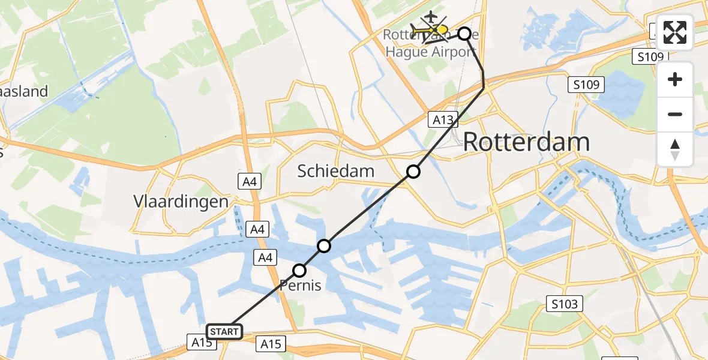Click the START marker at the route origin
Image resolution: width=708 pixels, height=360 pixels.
tap(224, 331)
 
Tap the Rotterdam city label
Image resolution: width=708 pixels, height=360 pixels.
tap(526, 143)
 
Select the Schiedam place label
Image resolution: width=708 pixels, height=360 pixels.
tap(336, 172)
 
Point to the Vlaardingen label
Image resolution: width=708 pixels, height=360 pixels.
tap(182, 201)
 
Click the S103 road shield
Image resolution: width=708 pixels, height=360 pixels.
tap(565, 304)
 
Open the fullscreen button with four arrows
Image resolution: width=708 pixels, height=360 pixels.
tap(675, 32)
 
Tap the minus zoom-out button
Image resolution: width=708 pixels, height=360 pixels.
tap(675, 114)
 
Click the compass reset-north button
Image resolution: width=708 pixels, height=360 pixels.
tap(675, 149)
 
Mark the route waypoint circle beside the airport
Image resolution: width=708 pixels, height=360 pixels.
tap(464, 34)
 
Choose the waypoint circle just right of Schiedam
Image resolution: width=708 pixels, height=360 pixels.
tap(413, 172)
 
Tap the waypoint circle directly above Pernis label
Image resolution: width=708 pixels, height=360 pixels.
tap(299, 271)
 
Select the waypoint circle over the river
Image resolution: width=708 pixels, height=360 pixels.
tap(324, 245)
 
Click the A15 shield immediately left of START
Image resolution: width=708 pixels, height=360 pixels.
tap(202, 343)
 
